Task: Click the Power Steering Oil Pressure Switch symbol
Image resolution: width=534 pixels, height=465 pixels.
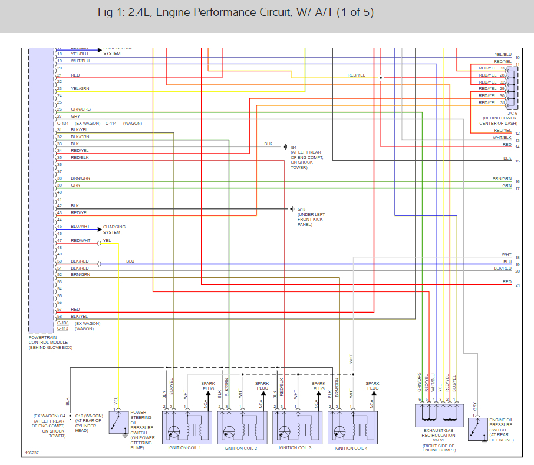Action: [118, 423]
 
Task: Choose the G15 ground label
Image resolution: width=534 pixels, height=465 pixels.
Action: [302, 209]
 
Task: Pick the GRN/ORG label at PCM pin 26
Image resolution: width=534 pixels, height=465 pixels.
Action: [81, 109]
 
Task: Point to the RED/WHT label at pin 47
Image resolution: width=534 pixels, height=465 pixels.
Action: [80, 241]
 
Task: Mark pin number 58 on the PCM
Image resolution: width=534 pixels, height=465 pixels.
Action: [60, 317]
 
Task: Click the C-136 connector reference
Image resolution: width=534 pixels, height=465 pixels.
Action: [63, 323]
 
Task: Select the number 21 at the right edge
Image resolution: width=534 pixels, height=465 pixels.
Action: [517, 285]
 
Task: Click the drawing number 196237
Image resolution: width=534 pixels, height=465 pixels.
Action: [32, 454]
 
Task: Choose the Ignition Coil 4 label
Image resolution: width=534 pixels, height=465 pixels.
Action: [351, 448]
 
